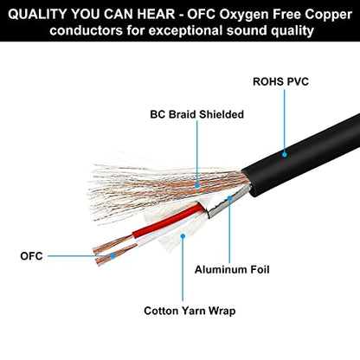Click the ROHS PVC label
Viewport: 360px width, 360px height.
[280, 81]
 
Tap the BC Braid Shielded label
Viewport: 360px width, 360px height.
[196, 114]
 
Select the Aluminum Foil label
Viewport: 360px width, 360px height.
[232, 269]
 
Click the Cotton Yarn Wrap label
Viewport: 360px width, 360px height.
[190, 311]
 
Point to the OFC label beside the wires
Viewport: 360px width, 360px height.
[31, 256]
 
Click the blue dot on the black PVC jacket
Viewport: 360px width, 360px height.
[285, 155]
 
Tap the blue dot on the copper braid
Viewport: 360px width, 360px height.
[197, 185]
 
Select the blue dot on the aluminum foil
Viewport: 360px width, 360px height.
[229, 198]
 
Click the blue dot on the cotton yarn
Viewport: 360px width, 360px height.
[183, 236]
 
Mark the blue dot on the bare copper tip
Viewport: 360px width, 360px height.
[113, 255]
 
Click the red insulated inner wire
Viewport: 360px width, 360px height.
[167, 222]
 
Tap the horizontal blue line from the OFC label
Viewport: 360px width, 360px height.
[80, 256]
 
